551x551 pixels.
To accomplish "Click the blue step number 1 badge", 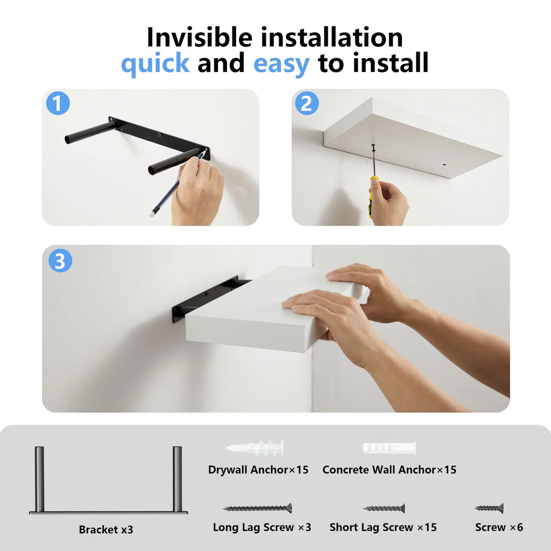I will (x=58, y=103).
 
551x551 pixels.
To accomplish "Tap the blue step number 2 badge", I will (x=307, y=103).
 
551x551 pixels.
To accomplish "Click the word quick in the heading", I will (x=155, y=63).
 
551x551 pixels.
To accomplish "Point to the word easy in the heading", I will (x=281, y=63).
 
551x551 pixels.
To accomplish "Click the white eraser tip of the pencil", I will (x=152, y=214).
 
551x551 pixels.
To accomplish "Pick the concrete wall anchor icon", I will (x=389, y=448).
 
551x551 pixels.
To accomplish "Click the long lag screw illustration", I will (x=258, y=508).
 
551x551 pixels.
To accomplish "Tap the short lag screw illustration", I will (x=384, y=508).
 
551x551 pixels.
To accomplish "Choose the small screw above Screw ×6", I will (x=490, y=508).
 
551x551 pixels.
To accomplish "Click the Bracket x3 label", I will (x=106, y=529).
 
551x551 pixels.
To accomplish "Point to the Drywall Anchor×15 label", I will (x=258, y=470).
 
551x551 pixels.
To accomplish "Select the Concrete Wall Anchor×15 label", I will (x=389, y=470).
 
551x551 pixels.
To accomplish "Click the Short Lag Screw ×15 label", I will (x=383, y=527).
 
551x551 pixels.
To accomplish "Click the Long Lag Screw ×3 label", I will (x=262, y=527).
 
